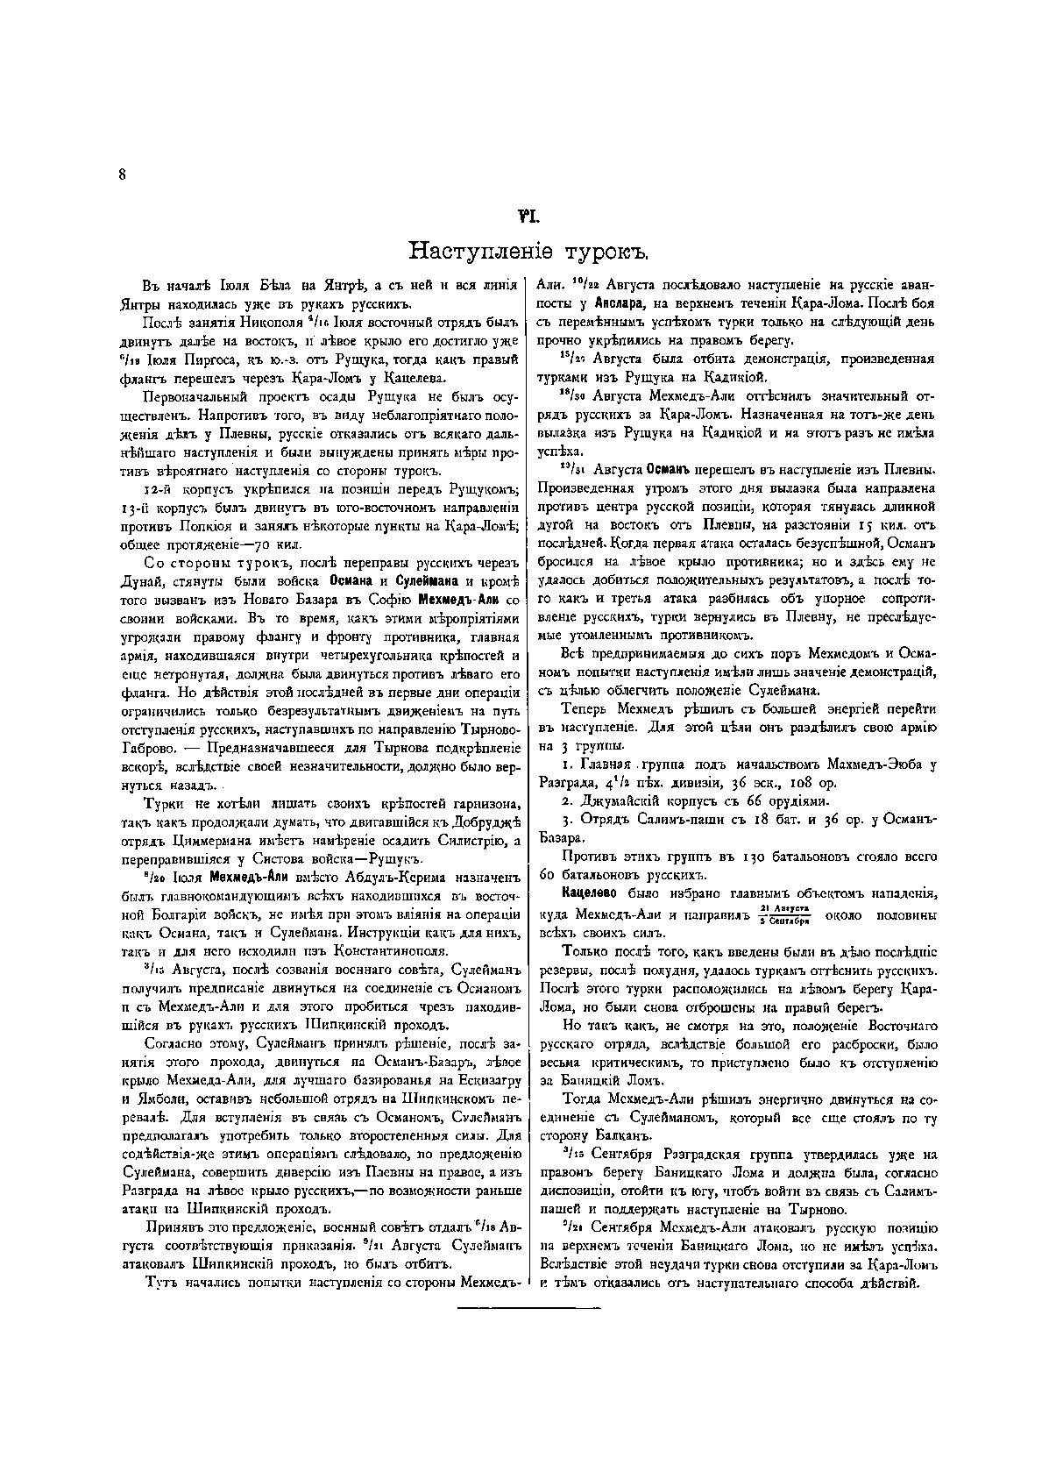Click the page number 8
click(123, 174)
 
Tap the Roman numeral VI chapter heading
click(528, 212)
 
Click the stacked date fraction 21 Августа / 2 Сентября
click(781, 914)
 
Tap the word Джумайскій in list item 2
click(617, 800)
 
